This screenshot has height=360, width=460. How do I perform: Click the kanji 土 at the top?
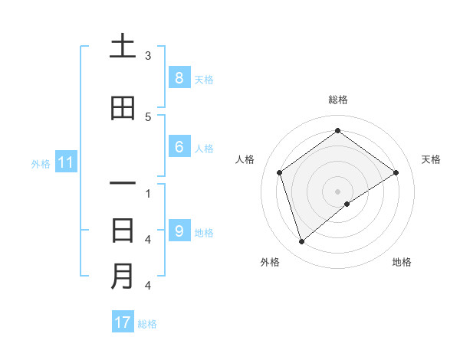[x=123, y=47]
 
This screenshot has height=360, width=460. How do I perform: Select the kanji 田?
[x=123, y=109]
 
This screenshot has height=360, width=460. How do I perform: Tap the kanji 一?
[x=123, y=185]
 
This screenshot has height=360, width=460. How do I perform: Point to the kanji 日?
[x=123, y=231]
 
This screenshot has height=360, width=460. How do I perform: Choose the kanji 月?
[x=123, y=276]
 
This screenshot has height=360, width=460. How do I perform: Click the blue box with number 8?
[x=179, y=78]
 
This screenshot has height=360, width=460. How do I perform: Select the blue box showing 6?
[x=179, y=147]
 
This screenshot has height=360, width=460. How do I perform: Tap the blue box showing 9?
[x=179, y=231]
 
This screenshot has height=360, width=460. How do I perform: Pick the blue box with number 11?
[x=66, y=162]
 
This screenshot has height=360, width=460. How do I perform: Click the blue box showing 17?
[x=123, y=322]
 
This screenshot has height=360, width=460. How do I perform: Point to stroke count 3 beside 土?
[x=148, y=56]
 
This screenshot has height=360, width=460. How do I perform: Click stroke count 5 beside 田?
[x=148, y=117]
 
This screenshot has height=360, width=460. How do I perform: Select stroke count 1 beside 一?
[x=148, y=193]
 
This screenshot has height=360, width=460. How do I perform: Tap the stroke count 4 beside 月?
[x=148, y=286]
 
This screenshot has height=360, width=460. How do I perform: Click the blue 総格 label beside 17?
[x=147, y=324]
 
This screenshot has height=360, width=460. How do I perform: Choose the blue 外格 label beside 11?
[x=41, y=163]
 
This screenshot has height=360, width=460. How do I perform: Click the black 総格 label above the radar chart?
[x=338, y=100]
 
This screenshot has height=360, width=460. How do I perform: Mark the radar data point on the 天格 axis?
[x=396, y=172]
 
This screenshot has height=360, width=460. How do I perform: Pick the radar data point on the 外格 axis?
[x=302, y=242]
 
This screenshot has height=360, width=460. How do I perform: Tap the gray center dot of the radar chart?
[x=338, y=191]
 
